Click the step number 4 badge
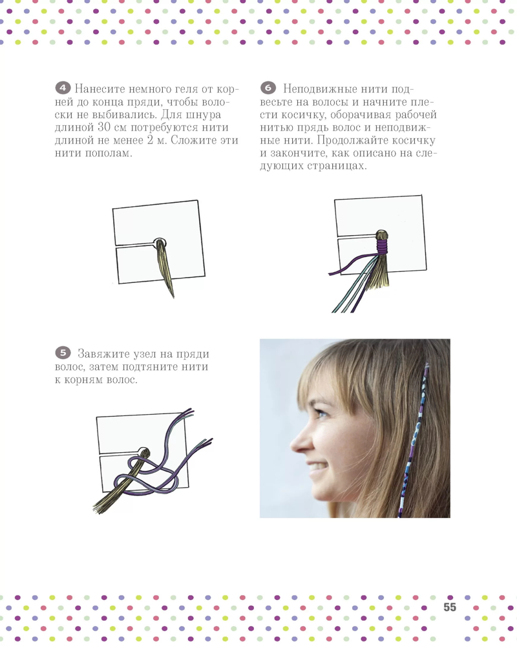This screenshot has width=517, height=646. [63, 88]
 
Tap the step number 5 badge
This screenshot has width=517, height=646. [63, 353]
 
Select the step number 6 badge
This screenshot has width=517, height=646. [268, 88]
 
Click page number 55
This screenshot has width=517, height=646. [450, 607]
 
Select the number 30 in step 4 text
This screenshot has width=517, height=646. [104, 127]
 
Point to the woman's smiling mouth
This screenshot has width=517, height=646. [317, 468]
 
